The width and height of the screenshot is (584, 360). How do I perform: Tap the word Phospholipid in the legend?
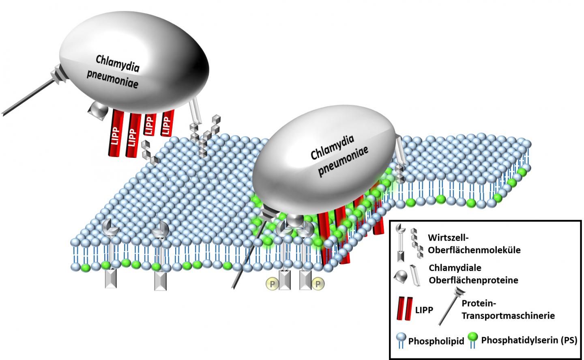(436, 341)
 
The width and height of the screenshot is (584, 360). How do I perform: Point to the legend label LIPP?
(424, 310)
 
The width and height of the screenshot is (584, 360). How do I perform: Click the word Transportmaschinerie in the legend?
(508, 315)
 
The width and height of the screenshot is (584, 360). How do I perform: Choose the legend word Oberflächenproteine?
(474, 280)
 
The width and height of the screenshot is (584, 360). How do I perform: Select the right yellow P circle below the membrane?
(318, 283)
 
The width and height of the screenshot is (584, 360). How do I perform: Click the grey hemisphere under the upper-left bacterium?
(98, 109)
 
